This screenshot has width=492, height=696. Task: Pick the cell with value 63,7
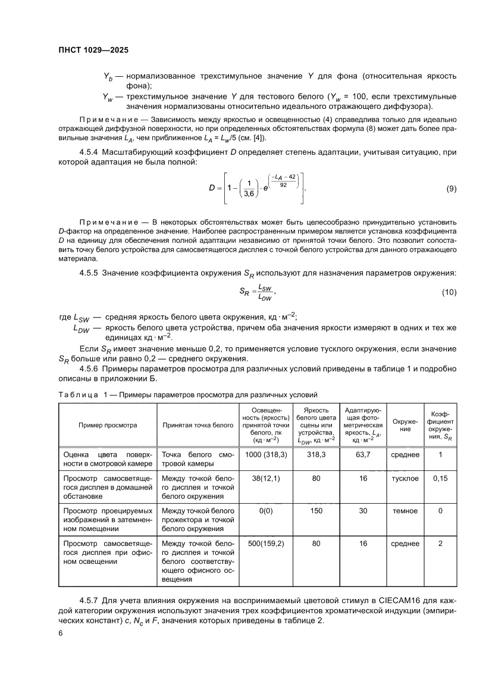(x=363, y=455)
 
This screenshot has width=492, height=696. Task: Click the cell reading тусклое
(x=405, y=478)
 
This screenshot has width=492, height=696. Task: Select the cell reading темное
(x=405, y=510)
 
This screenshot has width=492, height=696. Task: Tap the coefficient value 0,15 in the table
(x=440, y=478)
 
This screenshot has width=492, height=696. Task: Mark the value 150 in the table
(x=316, y=510)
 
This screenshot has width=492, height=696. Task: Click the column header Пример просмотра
(x=108, y=425)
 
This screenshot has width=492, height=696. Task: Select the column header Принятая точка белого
(x=198, y=425)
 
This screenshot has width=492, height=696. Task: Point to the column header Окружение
(x=405, y=425)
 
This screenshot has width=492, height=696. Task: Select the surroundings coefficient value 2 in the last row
(x=440, y=543)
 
